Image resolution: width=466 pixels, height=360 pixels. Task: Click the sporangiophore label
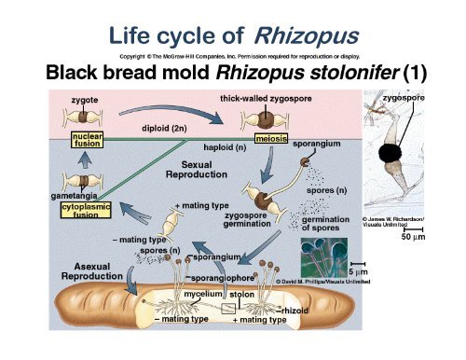click(222, 278)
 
